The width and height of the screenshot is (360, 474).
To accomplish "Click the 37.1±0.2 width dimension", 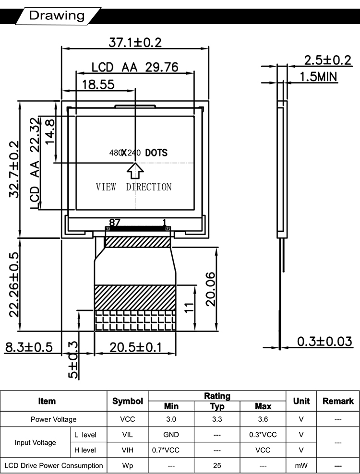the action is [135, 42].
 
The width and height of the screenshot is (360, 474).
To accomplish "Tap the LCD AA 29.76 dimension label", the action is [135, 67].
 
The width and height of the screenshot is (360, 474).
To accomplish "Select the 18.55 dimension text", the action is [98, 84].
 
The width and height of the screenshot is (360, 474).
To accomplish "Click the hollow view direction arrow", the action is [135, 171].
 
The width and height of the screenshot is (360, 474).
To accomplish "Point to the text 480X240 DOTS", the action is [138, 153].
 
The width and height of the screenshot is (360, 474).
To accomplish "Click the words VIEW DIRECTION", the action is [134, 187].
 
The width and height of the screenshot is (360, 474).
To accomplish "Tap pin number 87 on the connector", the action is [114, 223].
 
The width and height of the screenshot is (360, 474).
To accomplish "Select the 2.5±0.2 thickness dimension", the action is [328, 60].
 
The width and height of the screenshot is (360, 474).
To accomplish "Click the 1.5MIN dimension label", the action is [318, 77].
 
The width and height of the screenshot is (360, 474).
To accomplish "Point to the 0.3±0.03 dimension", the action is [324, 341].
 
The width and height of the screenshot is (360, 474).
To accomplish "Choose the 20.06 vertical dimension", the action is [211, 289].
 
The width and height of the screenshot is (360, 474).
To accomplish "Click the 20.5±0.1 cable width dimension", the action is [135, 347].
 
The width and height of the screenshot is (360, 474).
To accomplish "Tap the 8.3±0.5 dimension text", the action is [29, 347].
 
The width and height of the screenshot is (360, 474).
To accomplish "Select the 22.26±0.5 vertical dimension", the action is [14, 284].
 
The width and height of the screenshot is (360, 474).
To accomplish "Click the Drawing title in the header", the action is [57, 15].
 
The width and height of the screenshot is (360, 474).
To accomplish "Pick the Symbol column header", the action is [128, 401].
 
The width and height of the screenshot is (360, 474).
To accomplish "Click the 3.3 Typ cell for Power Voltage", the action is [217, 419].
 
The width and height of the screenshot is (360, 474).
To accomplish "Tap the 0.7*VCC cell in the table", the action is [166, 450].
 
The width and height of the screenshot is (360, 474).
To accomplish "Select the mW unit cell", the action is [301, 465].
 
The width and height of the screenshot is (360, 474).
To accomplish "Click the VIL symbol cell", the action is [127, 435].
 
